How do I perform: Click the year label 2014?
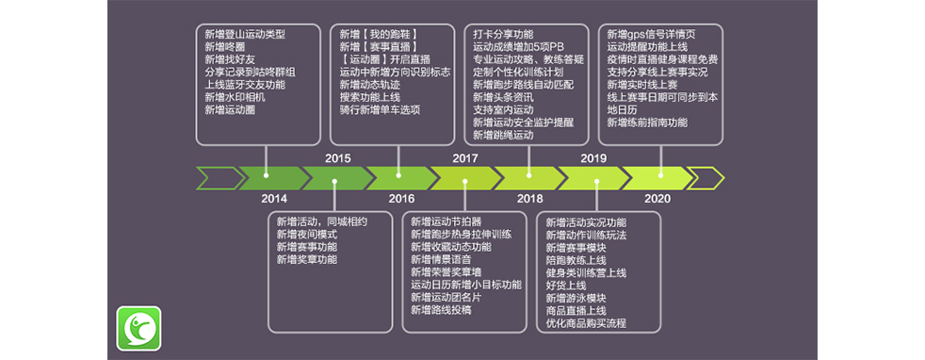(x=274, y=199)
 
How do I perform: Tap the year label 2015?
(x=337, y=158)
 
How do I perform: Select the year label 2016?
(x=401, y=199)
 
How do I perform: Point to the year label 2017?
(x=465, y=158)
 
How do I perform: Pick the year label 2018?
(x=529, y=199)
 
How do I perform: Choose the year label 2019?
(x=593, y=158)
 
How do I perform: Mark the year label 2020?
(x=657, y=199)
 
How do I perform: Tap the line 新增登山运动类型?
(x=244, y=34)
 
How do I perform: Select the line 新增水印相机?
(x=235, y=97)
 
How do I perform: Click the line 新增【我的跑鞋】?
(x=378, y=34)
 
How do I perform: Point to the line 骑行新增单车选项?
(x=380, y=110)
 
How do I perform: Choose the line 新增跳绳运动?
(x=503, y=136)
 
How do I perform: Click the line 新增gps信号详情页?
(x=651, y=34)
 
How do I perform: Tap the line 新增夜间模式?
(x=306, y=234)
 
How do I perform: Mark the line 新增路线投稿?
(x=441, y=310)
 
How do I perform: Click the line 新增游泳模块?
(x=576, y=298)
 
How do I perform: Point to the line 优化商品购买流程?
(x=586, y=323)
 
